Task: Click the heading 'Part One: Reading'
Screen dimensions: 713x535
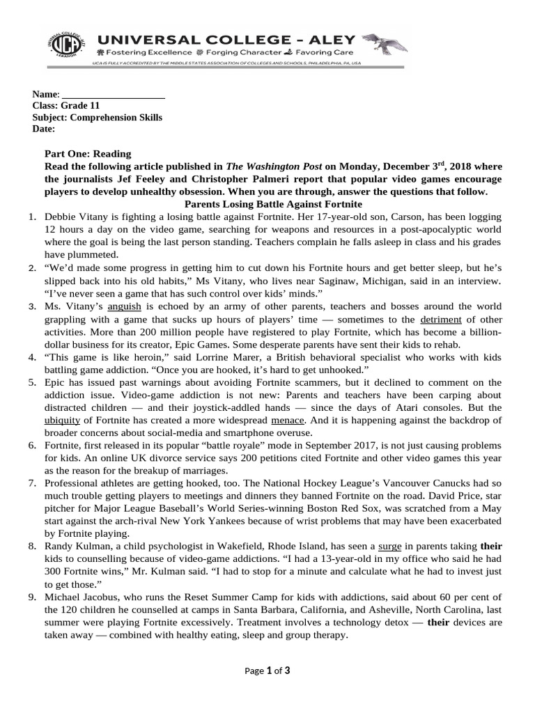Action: [x=87, y=154]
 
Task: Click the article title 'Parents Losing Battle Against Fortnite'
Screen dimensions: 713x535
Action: [x=273, y=204]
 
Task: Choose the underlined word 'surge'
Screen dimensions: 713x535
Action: [x=390, y=546]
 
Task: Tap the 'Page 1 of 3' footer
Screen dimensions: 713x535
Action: [x=267, y=671]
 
